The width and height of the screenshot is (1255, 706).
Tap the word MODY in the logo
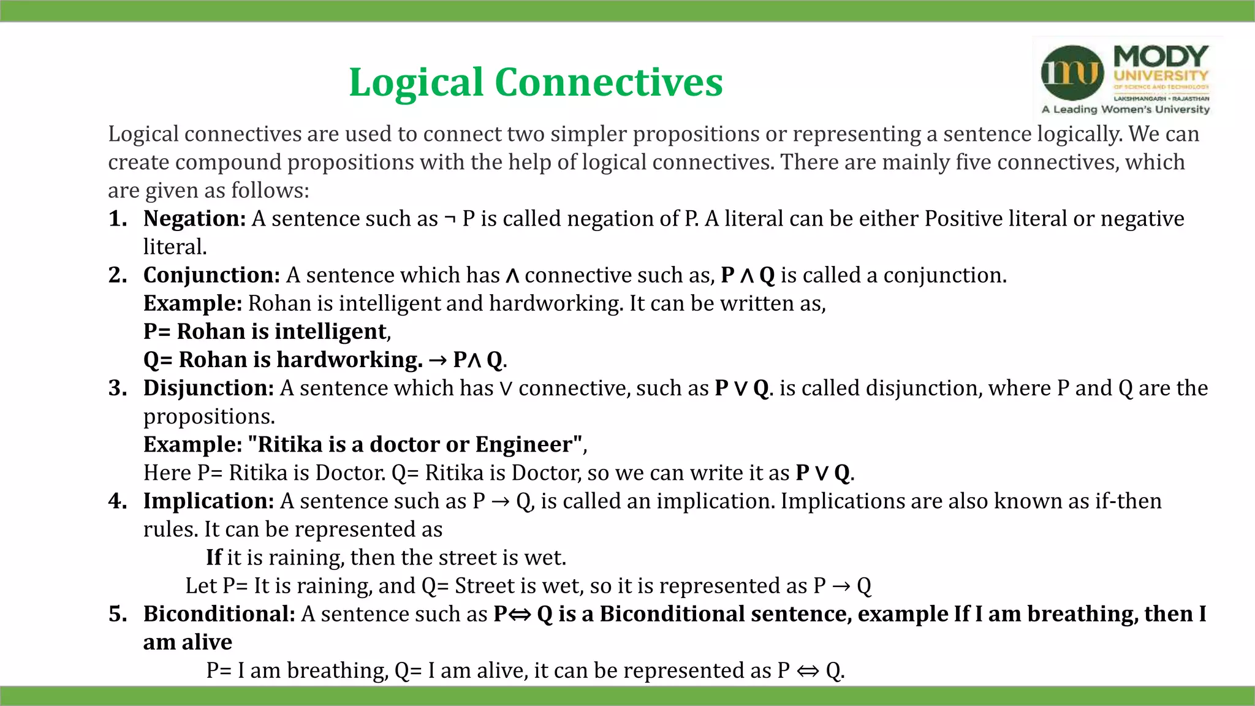pyautogui.click(x=1161, y=56)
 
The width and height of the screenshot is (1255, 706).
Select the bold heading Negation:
pyautogui.click(x=194, y=219)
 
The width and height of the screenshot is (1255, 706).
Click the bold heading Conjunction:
pyautogui.click(x=211, y=275)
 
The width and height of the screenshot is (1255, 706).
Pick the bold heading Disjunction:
pyautogui.click(x=208, y=388)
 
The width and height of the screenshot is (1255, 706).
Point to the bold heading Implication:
pyautogui.click(x=208, y=501)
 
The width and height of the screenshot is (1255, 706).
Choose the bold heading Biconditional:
pyautogui.click(x=219, y=614)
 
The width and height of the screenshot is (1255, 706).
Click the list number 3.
pyautogui.click(x=117, y=388)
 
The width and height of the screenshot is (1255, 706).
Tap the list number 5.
pyautogui.click(x=117, y=614)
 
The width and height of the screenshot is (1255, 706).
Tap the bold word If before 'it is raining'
pyautogui.click(x=214, y=558)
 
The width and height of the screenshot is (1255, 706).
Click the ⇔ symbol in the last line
pyautogui.click(x=808, y=671)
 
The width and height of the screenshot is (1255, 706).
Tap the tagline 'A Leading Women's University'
pyautogui.click(x=1126, y=110)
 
